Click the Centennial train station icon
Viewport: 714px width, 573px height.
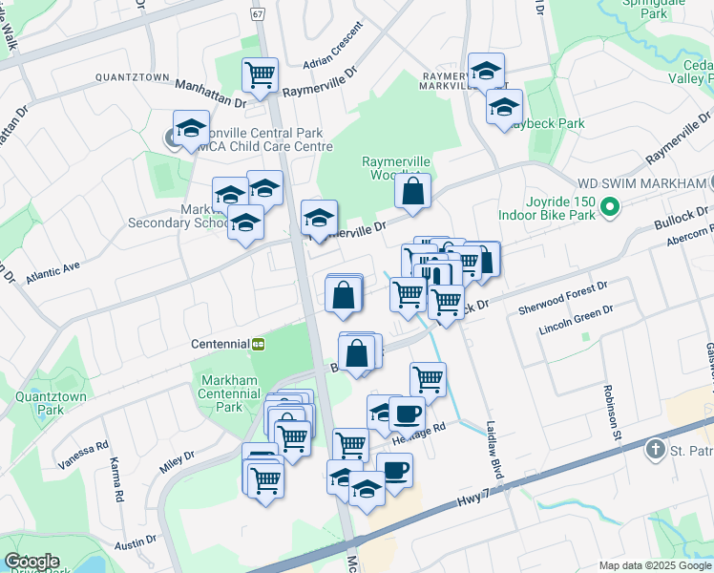(x=258, y=343)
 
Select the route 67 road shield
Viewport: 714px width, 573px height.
(x=258, y=14)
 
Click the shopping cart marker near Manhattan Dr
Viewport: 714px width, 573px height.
(x=260, y=74)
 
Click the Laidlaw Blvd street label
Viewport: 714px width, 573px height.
(x=494, y=451)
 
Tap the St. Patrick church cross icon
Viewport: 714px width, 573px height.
(x=655, y=448)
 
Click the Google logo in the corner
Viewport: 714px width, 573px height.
(x=31, y=562)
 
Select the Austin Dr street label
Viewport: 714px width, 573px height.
(x=136, y=541)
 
